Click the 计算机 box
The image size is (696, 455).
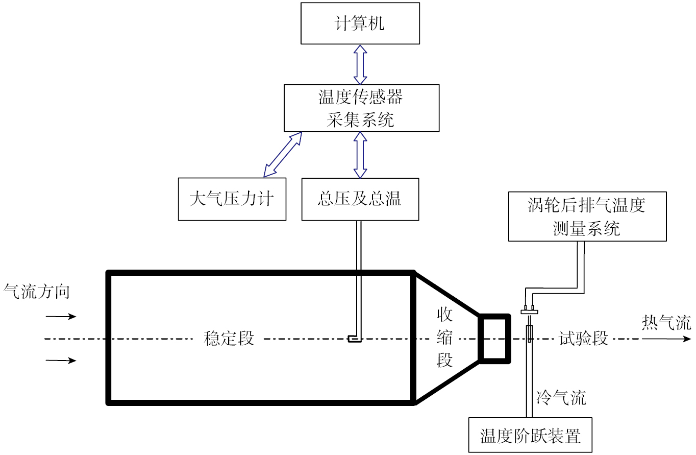(360, 23)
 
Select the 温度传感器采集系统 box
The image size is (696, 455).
(361, 108)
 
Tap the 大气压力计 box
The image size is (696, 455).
(232, 199)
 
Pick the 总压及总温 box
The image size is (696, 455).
(360, 199)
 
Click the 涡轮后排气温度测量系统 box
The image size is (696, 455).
(587, 216)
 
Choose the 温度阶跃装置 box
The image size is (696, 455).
(530, 436)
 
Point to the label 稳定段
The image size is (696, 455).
(229, 339)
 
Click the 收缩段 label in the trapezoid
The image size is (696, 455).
(444, 338)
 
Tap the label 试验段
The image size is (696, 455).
(584, 339)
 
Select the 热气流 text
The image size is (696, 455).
(666, 323)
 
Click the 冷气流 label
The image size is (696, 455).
(561, 397)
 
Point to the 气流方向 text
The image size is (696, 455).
(36, 292)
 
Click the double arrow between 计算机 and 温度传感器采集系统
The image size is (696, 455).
(360, 64)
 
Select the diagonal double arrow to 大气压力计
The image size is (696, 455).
(282, 154)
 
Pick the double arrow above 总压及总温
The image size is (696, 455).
(360, 154)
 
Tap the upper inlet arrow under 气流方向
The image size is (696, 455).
(61, 317)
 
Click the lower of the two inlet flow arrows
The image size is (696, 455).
(61, 361)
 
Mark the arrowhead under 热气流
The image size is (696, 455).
(686, 339)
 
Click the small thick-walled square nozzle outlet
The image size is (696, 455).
(494, 339)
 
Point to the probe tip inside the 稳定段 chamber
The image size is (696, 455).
(354, 339)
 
